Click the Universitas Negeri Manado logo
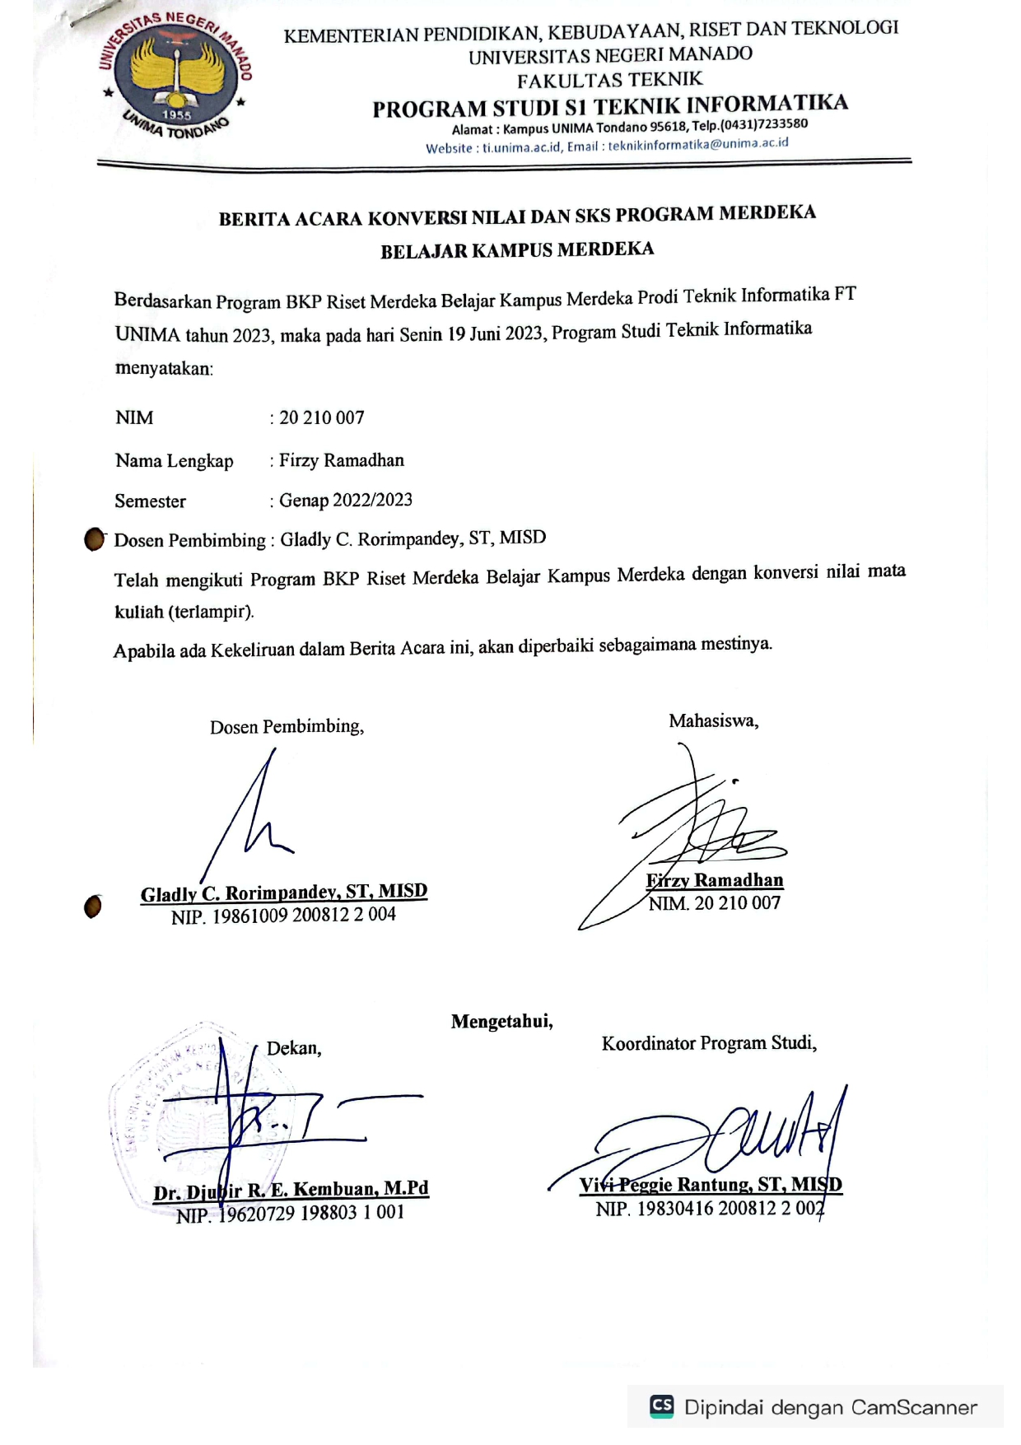pyautogui.click(x=175, y=76)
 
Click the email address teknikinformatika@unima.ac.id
pyautogui.click(x=698, y=144)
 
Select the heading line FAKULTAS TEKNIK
pyautogui.click(x=610, y=80)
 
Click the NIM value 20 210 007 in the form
pyautogui.click(x=321, y=418)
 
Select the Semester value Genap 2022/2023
pyautogui.click(x=345, y=501)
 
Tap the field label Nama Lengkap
pyautogui.click(x=174, y=461)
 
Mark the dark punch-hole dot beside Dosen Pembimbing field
pyautogui.click(x=95, y=540)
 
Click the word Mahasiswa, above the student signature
pyautogui.click(x=713, y=721)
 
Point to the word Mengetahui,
pyautogui.click(x=501, y=1022)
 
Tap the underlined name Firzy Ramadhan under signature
pyautogui.click(x=715, y=881)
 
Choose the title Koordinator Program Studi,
pyautogui.click(x=709, y=1044)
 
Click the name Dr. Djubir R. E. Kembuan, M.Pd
pyautogui.click(x=291, y=1191)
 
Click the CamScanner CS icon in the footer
pyautogui.click(x=662, y=1405)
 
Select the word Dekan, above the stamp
pyautogui.click(x=294, y=1048)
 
